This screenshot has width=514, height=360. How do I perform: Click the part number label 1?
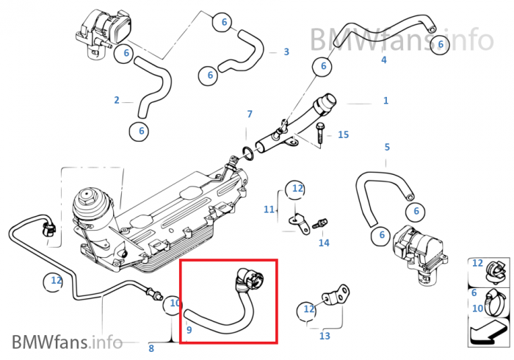click(x=385, y=101)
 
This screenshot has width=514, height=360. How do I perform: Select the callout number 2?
click(x=117, y=100)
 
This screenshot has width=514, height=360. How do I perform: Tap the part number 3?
click(x=286, y=52)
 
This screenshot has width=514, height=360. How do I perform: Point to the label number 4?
click(x=383, y=60)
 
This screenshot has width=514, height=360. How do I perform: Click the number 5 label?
click(x=387, y=147)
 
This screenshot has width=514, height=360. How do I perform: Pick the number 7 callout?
click(x=250, y=115)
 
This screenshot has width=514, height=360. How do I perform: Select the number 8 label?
click(x=151, y=348)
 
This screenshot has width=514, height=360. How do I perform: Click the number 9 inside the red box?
click(x=189, y=330)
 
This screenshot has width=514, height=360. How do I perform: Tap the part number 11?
click(x=269, y=209)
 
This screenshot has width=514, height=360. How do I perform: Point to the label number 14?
click(x=324, y=242)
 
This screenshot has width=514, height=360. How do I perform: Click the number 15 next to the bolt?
click(x=344, y=135)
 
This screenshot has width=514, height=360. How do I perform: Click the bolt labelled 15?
click(x=321, y=134)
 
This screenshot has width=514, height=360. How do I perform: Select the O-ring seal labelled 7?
click(x=247, y=154)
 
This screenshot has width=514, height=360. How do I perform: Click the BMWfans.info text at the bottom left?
click(x=67, y=342)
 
